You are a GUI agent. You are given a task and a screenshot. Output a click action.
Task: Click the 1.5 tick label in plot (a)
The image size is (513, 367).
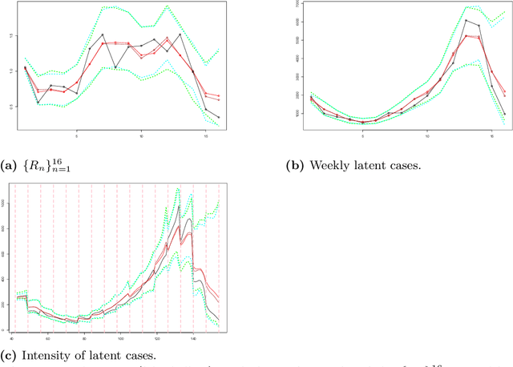[10, 35]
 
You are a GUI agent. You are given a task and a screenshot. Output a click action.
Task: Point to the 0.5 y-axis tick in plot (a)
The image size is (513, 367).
[10, 107]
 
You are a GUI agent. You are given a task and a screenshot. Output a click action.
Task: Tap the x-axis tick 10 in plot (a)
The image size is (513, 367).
[141, 135]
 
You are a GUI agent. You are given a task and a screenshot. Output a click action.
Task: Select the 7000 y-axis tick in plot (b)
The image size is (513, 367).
[296, 5]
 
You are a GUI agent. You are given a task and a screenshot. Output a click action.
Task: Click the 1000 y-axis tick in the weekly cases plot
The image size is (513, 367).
[296, 114]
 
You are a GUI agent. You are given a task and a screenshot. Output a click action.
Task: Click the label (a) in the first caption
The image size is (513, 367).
[10, 167]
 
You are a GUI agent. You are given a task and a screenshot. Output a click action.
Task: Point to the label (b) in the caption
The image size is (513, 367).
[293, 167]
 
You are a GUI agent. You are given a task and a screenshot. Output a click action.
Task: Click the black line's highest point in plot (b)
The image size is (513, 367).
[466, 20]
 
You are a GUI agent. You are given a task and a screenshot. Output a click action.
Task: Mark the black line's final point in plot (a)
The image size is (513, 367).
[219, 117]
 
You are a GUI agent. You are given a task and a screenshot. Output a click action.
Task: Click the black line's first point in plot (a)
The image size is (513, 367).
[26, 68]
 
